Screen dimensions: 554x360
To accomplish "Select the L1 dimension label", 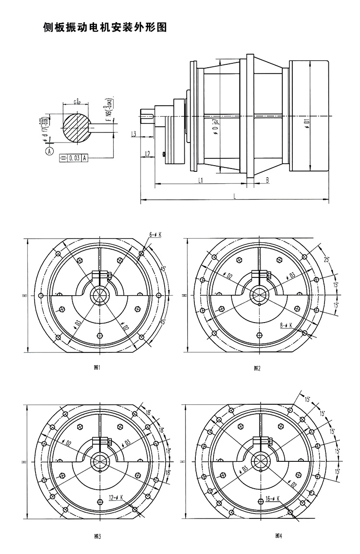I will [201, 180].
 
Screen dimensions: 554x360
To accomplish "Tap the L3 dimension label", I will [135, 134].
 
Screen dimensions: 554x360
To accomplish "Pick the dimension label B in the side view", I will [267, 180].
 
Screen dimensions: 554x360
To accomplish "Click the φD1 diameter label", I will [306, 126].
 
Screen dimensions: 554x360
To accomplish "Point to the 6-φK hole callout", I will [155, 235].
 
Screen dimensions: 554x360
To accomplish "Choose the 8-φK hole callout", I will [286, 325].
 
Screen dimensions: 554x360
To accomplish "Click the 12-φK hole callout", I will [116, 497].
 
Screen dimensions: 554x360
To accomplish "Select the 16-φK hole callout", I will [272, 498].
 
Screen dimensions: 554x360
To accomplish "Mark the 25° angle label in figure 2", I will [326, 260].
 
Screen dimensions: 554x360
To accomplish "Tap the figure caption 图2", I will [257, 368].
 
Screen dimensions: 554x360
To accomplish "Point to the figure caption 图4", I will [278, 536].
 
